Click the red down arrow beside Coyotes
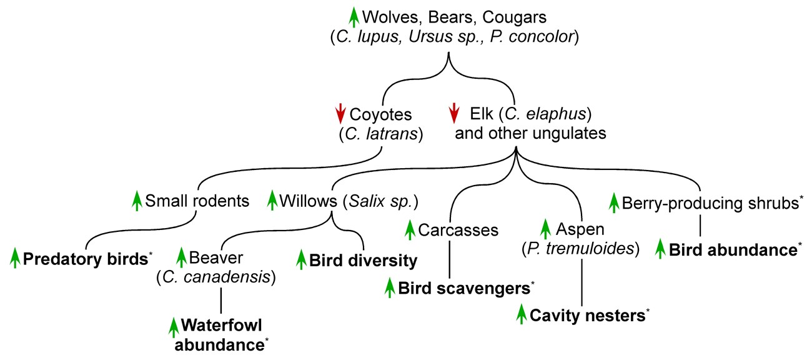[340, 113]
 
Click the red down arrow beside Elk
[455, 113]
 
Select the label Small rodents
[197, 201]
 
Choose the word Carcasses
[458, 230]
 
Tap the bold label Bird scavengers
[464, 288]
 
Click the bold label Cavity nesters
[587, 315]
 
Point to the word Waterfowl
[221, 326]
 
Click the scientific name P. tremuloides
[582, 249]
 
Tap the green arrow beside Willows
[272, 201]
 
